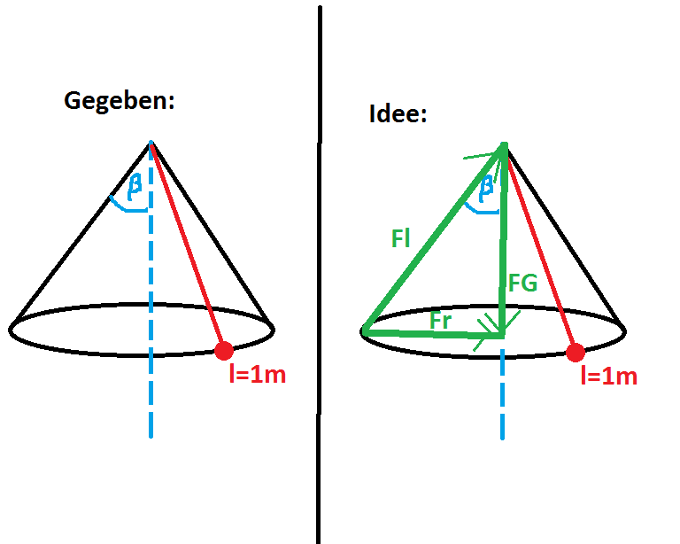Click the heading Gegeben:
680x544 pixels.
pos(120,101)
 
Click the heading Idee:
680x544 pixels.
pos(398,113)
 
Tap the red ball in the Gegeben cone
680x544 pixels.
pos(224,351)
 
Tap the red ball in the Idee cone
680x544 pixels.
pos(576,353)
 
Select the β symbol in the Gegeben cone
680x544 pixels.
pos(135,187)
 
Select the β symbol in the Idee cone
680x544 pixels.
pos(487,189)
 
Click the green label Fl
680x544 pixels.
pos(400,238)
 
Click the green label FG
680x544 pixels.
pos(523,283)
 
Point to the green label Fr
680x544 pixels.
pos(441,321)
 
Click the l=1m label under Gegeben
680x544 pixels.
pos(258,375)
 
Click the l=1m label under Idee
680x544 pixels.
pos(609,377)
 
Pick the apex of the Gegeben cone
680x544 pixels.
pos(151,142)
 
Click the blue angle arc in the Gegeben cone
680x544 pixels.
pos(127,208)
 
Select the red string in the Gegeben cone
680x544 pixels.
pos(188,246)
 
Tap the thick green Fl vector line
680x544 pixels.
pos(433,237)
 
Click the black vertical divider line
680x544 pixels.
pos(319,275)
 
